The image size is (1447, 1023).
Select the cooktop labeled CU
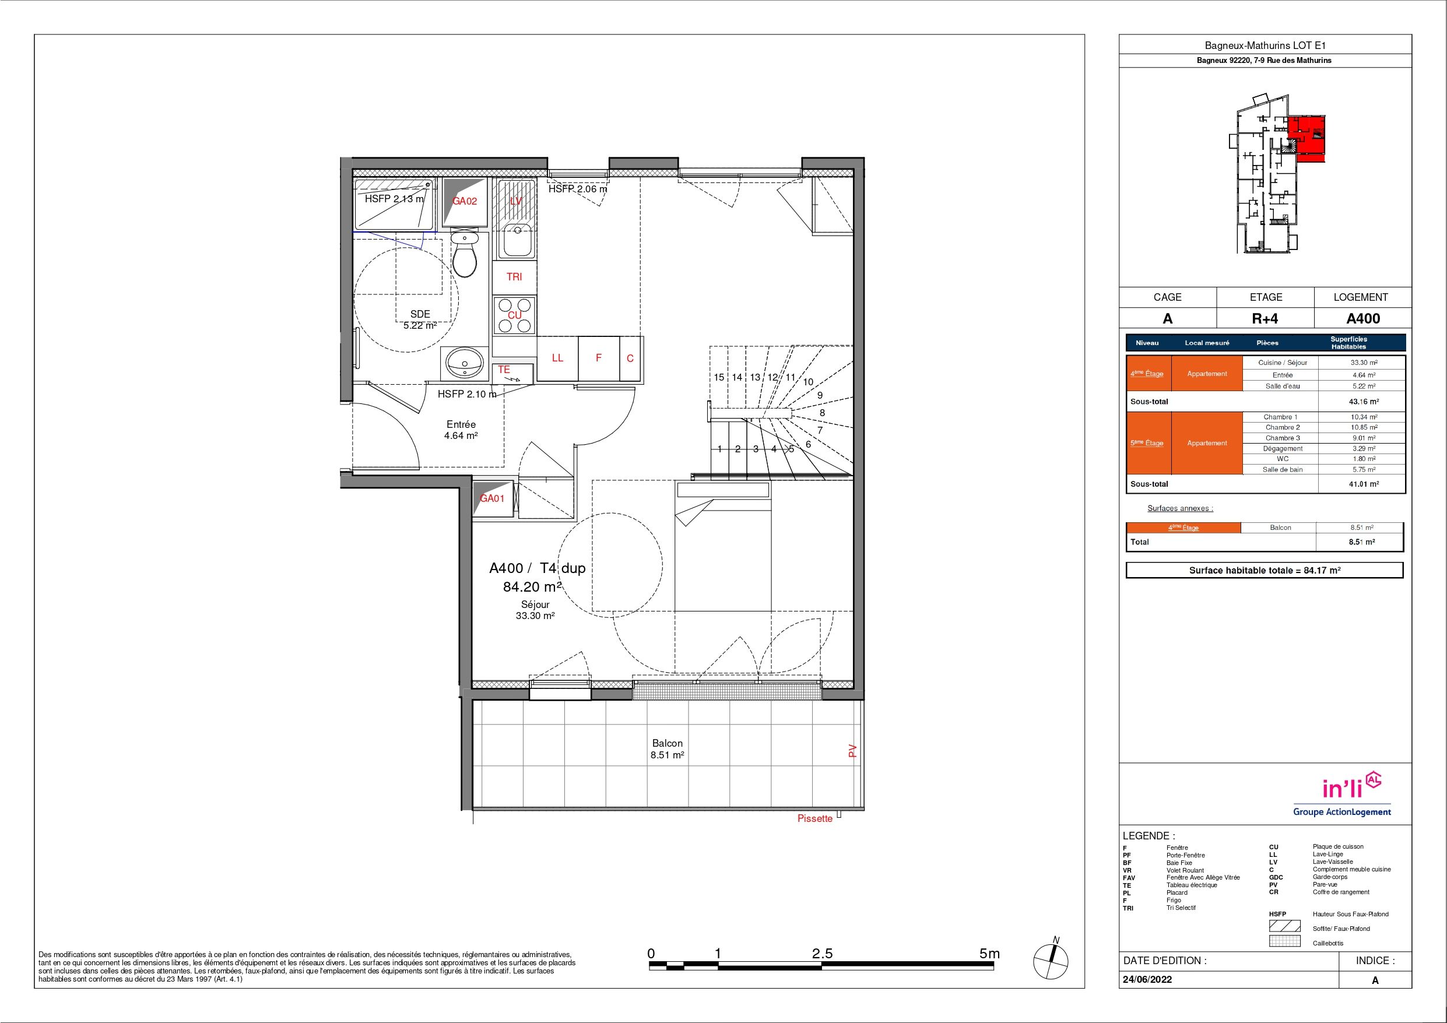tap(514, 315)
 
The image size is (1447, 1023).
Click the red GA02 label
tap(465, 201)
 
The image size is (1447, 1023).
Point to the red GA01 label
tap(492, 498)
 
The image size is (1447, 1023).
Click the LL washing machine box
tap(557, 358)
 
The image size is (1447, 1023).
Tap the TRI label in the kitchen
tap(514, 277)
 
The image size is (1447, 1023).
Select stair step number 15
tap(719, 378)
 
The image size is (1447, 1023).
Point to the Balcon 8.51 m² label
tap(668, 749)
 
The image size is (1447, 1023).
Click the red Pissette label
tap(815, 819)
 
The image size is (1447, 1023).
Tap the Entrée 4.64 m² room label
tap(461, 429)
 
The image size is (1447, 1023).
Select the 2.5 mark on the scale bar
tap(823, 954)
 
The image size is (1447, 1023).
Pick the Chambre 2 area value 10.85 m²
tap(1362, 427)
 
